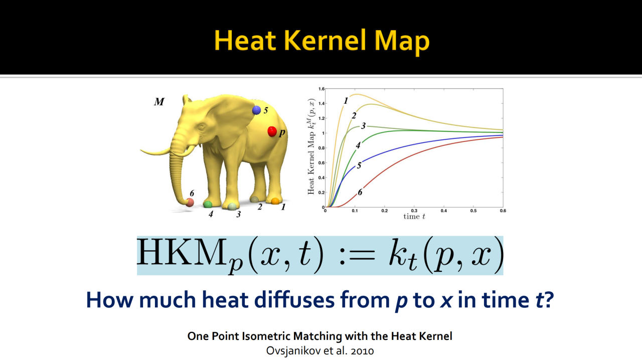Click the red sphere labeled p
tap(272, 131)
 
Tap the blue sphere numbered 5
tap(256, 110)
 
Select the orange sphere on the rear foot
tap(275, 201)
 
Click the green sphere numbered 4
tap(208, 205)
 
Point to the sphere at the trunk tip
tap(190, 203)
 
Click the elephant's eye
tap(201, 127)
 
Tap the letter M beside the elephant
tap(159, 101)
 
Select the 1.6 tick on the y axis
tap(321, 89)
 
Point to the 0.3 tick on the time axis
tap(414, 211)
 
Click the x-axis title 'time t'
tap(414, 217)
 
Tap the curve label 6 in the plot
tap(360, 192)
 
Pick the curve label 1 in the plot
tap(346, 101)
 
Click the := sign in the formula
tap(357, 255)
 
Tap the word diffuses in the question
tap(294, 299)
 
